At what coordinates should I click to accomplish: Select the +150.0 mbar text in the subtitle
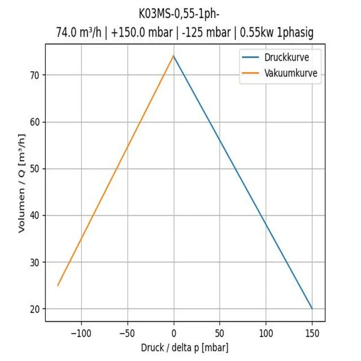(x=143, y=33)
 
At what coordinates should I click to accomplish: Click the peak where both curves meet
(x=173, y=56)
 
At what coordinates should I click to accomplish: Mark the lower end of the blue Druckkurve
(x=312, y=308)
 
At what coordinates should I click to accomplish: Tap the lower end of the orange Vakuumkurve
(x=58, y=286)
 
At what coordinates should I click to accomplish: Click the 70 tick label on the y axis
(x=36, y=75)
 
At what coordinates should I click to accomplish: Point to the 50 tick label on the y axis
(x=36, y=169)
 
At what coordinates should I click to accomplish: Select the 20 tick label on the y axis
(x=36, y=309)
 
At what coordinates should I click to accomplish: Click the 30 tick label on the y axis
(x=36, y=262)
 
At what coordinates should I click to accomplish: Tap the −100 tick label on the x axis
(x=79, y=333)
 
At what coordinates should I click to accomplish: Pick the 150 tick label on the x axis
(x=312, y=333)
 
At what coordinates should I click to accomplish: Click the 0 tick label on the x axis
(x=174, y=333)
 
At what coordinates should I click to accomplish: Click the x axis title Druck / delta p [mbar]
(x=185, y=347)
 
